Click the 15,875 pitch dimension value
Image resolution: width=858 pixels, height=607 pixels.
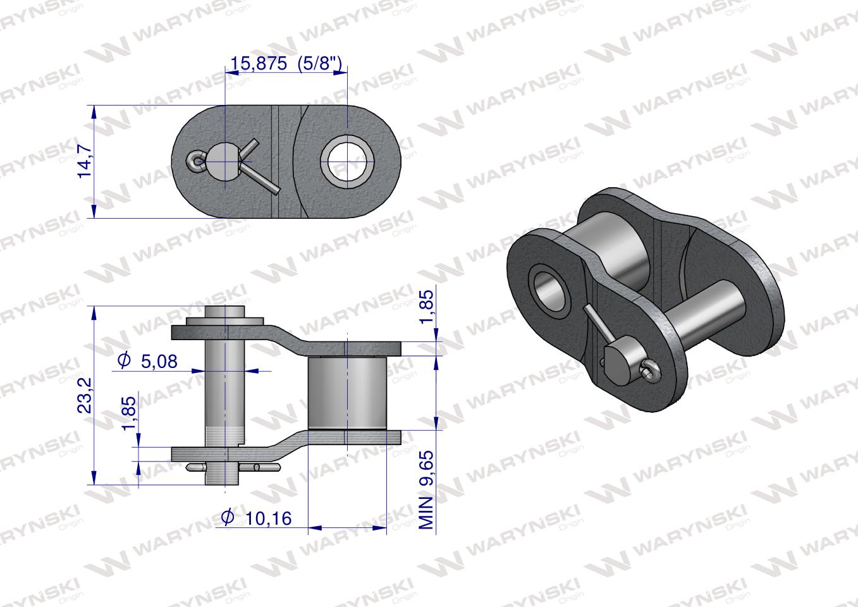tap(258, 64)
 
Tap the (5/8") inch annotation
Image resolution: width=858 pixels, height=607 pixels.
tap(319, 63)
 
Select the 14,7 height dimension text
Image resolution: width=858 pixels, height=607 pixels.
tap(85, 161)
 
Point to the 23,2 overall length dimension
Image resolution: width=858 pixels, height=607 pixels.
tap(85, 396)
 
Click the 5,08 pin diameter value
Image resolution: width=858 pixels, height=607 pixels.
tap(159, 362)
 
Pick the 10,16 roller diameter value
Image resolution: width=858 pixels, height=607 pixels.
tap(268, 518)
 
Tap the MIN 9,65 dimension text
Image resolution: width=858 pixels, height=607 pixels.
tap(427, 490)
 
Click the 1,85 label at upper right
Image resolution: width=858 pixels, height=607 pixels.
tap(427, 307)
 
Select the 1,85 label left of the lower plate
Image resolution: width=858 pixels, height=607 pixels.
tap(129, 414)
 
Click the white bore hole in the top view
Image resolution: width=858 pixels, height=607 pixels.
tap(347, 161)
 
